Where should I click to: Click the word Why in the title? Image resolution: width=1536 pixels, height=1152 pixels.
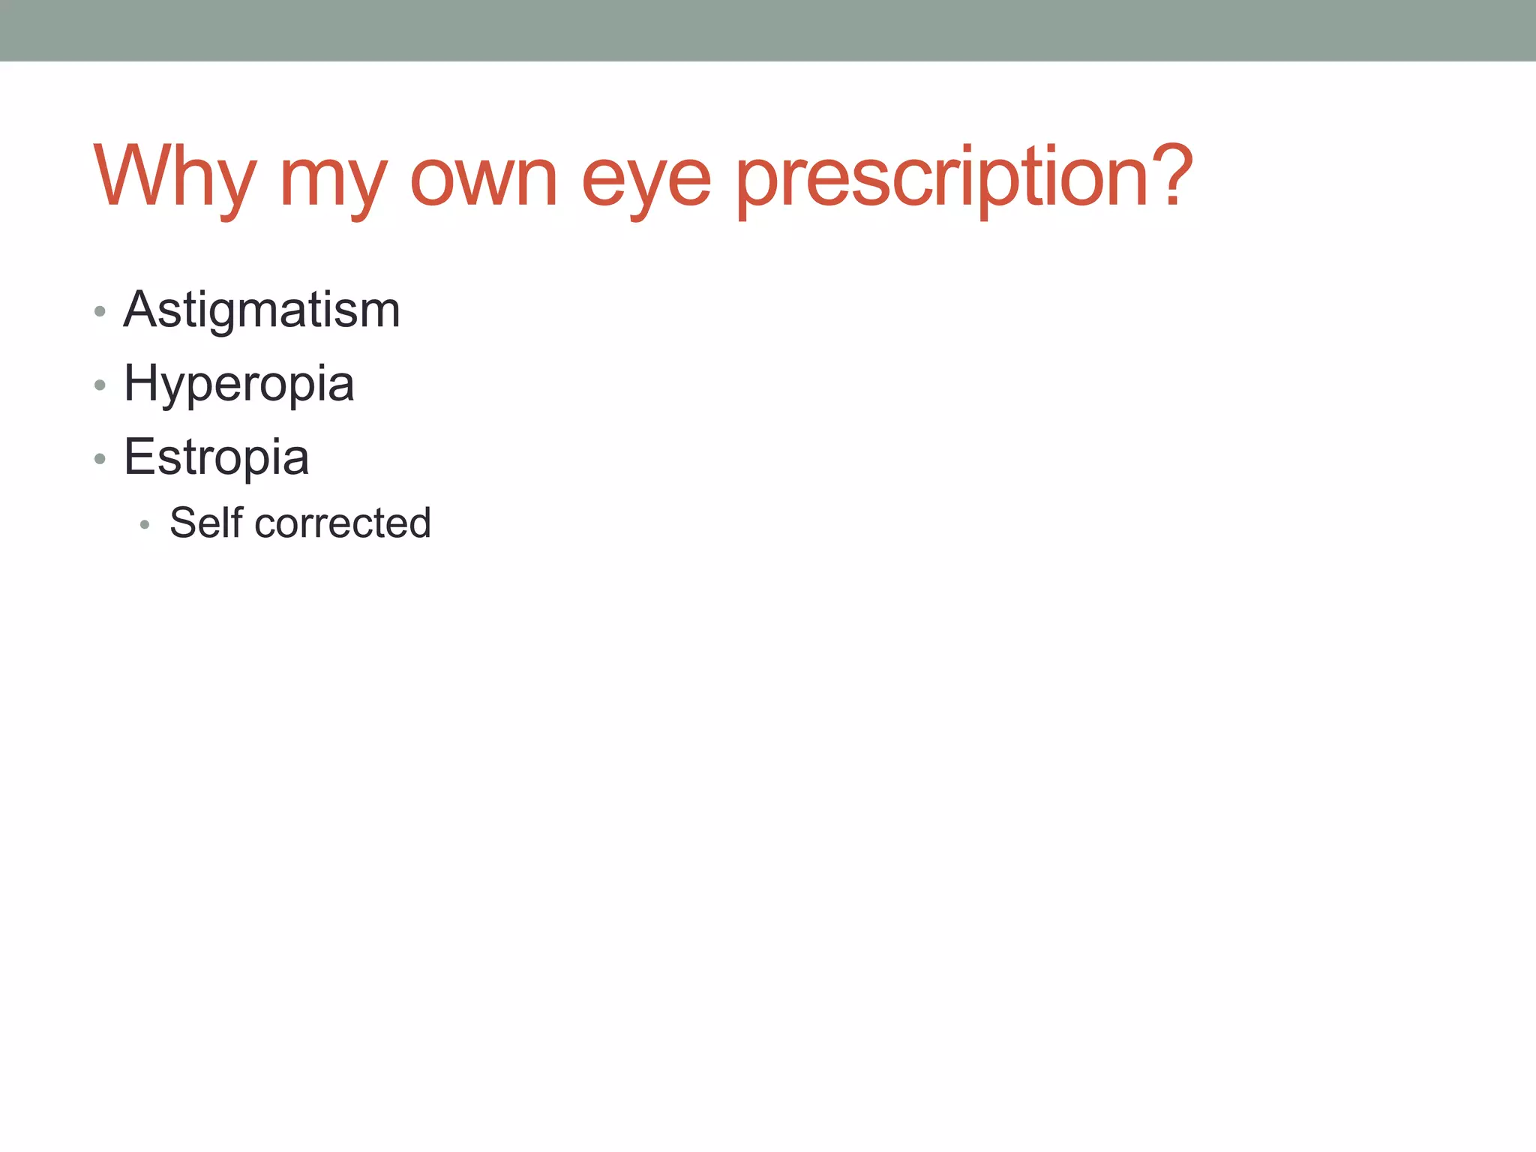point(175,177)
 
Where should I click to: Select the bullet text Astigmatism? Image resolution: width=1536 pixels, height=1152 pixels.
point(262,309)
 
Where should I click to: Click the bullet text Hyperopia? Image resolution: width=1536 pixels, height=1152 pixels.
point(238,384)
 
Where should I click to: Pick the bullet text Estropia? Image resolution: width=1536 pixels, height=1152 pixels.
point(216,457)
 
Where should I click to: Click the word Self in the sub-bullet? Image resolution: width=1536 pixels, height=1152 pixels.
point(206,523)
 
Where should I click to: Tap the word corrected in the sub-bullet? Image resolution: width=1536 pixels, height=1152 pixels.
point(343,523)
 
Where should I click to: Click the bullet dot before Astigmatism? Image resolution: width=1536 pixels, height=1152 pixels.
point(100,311)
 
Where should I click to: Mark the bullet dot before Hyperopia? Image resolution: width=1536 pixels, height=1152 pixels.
point(100,385)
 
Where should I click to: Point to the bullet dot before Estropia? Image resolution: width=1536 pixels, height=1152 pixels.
point(100,458)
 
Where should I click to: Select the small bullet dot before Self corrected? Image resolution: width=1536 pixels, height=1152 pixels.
point(145,525)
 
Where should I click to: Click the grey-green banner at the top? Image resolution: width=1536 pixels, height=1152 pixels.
point(768,30)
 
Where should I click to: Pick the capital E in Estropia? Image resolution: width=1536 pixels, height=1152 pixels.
point(139,456)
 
